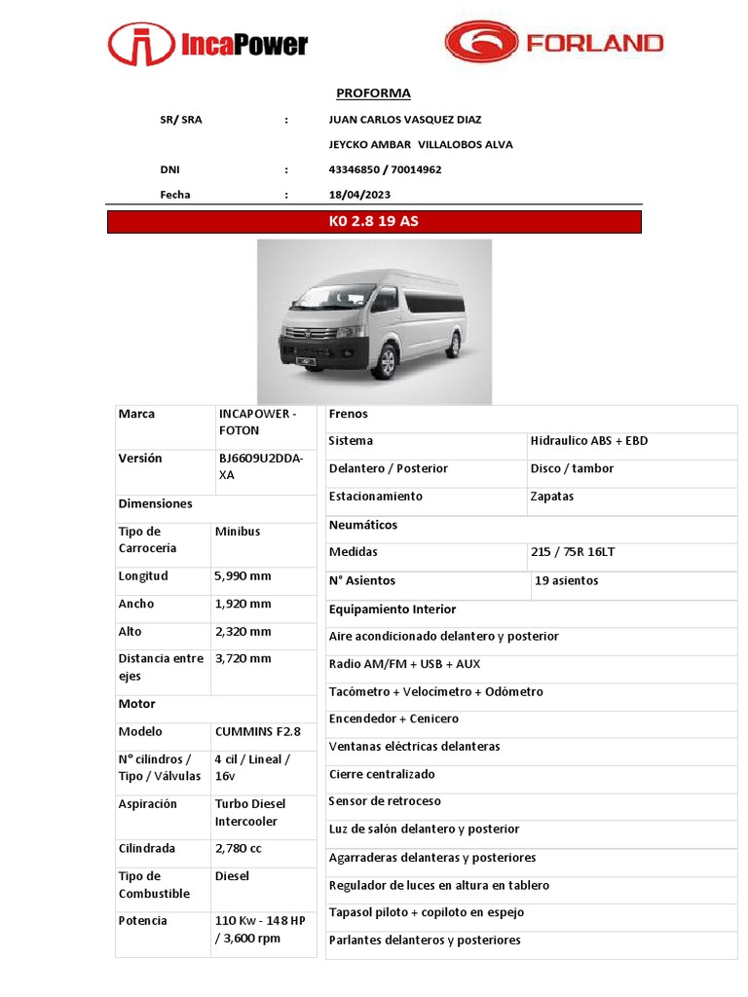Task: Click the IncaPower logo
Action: point(207,44)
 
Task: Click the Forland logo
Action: point(553,42)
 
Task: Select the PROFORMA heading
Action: point(373,93)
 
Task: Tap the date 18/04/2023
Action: point(359,195)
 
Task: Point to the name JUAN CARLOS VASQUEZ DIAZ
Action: point(405,121)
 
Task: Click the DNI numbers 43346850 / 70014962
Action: point(385,169)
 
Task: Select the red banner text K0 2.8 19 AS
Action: point(374,222)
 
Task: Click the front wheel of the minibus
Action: point(386,361)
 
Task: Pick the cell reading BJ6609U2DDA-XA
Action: point(261,466)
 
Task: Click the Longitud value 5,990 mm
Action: point(243,576)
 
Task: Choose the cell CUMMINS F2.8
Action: point(258,731)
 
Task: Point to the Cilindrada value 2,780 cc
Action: point(239,849)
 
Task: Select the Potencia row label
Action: point(142,921)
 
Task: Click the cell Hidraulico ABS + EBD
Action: point(588,441)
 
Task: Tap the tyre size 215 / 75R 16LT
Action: point(573,552)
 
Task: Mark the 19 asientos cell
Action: point(567,581)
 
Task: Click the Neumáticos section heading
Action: point(362,525)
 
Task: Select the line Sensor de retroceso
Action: point(385,801)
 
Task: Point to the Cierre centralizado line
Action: point(382,774)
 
